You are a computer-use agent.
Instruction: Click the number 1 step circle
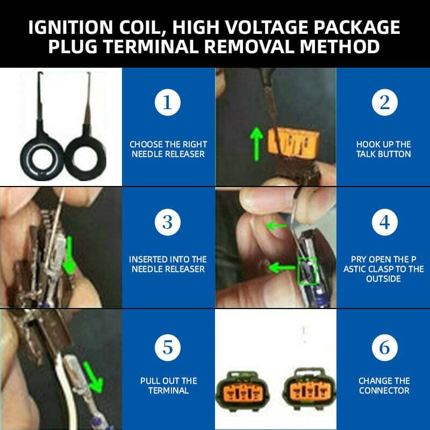tap(168, 102)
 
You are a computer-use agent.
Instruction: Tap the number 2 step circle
tap(384, 102)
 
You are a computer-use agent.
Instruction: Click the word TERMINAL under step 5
tap(168, 391)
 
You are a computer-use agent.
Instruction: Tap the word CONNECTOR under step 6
tap(384, 391)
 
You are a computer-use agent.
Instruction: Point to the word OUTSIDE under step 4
tap(384, 279)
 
